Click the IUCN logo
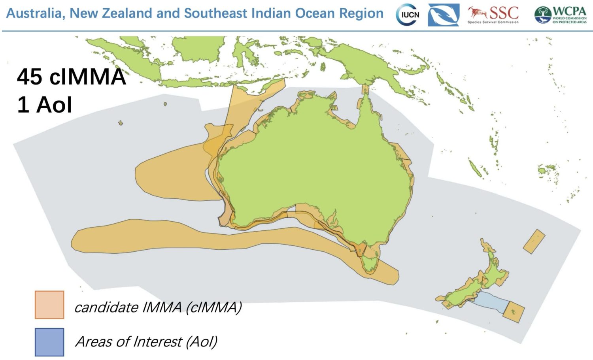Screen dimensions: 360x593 click(407, 15)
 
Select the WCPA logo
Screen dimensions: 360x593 click(561, 15)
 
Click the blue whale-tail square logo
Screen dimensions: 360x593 click(443, 15)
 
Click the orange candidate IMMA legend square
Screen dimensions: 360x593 click(49, 305)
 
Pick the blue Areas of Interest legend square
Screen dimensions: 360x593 click(49, 342)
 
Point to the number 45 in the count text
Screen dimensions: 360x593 click(30, 77)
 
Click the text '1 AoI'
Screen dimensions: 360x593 click(45, 105)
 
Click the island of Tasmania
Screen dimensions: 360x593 click(370, 263)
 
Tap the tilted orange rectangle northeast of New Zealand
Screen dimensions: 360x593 click(534, 241)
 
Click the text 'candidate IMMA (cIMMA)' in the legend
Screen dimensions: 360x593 click(158, 307)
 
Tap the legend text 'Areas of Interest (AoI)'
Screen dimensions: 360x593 click(146, 341)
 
